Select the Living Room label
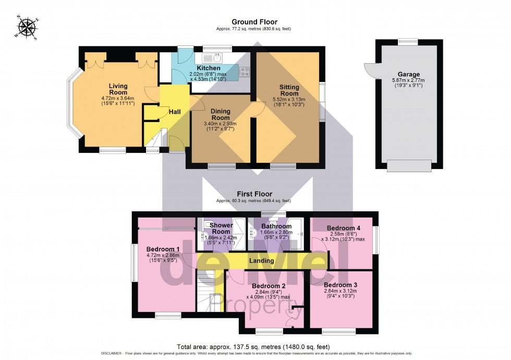118,89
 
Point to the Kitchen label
208,68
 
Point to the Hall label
174,112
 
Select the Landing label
262,260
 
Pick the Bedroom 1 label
163,248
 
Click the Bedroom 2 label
269,286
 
